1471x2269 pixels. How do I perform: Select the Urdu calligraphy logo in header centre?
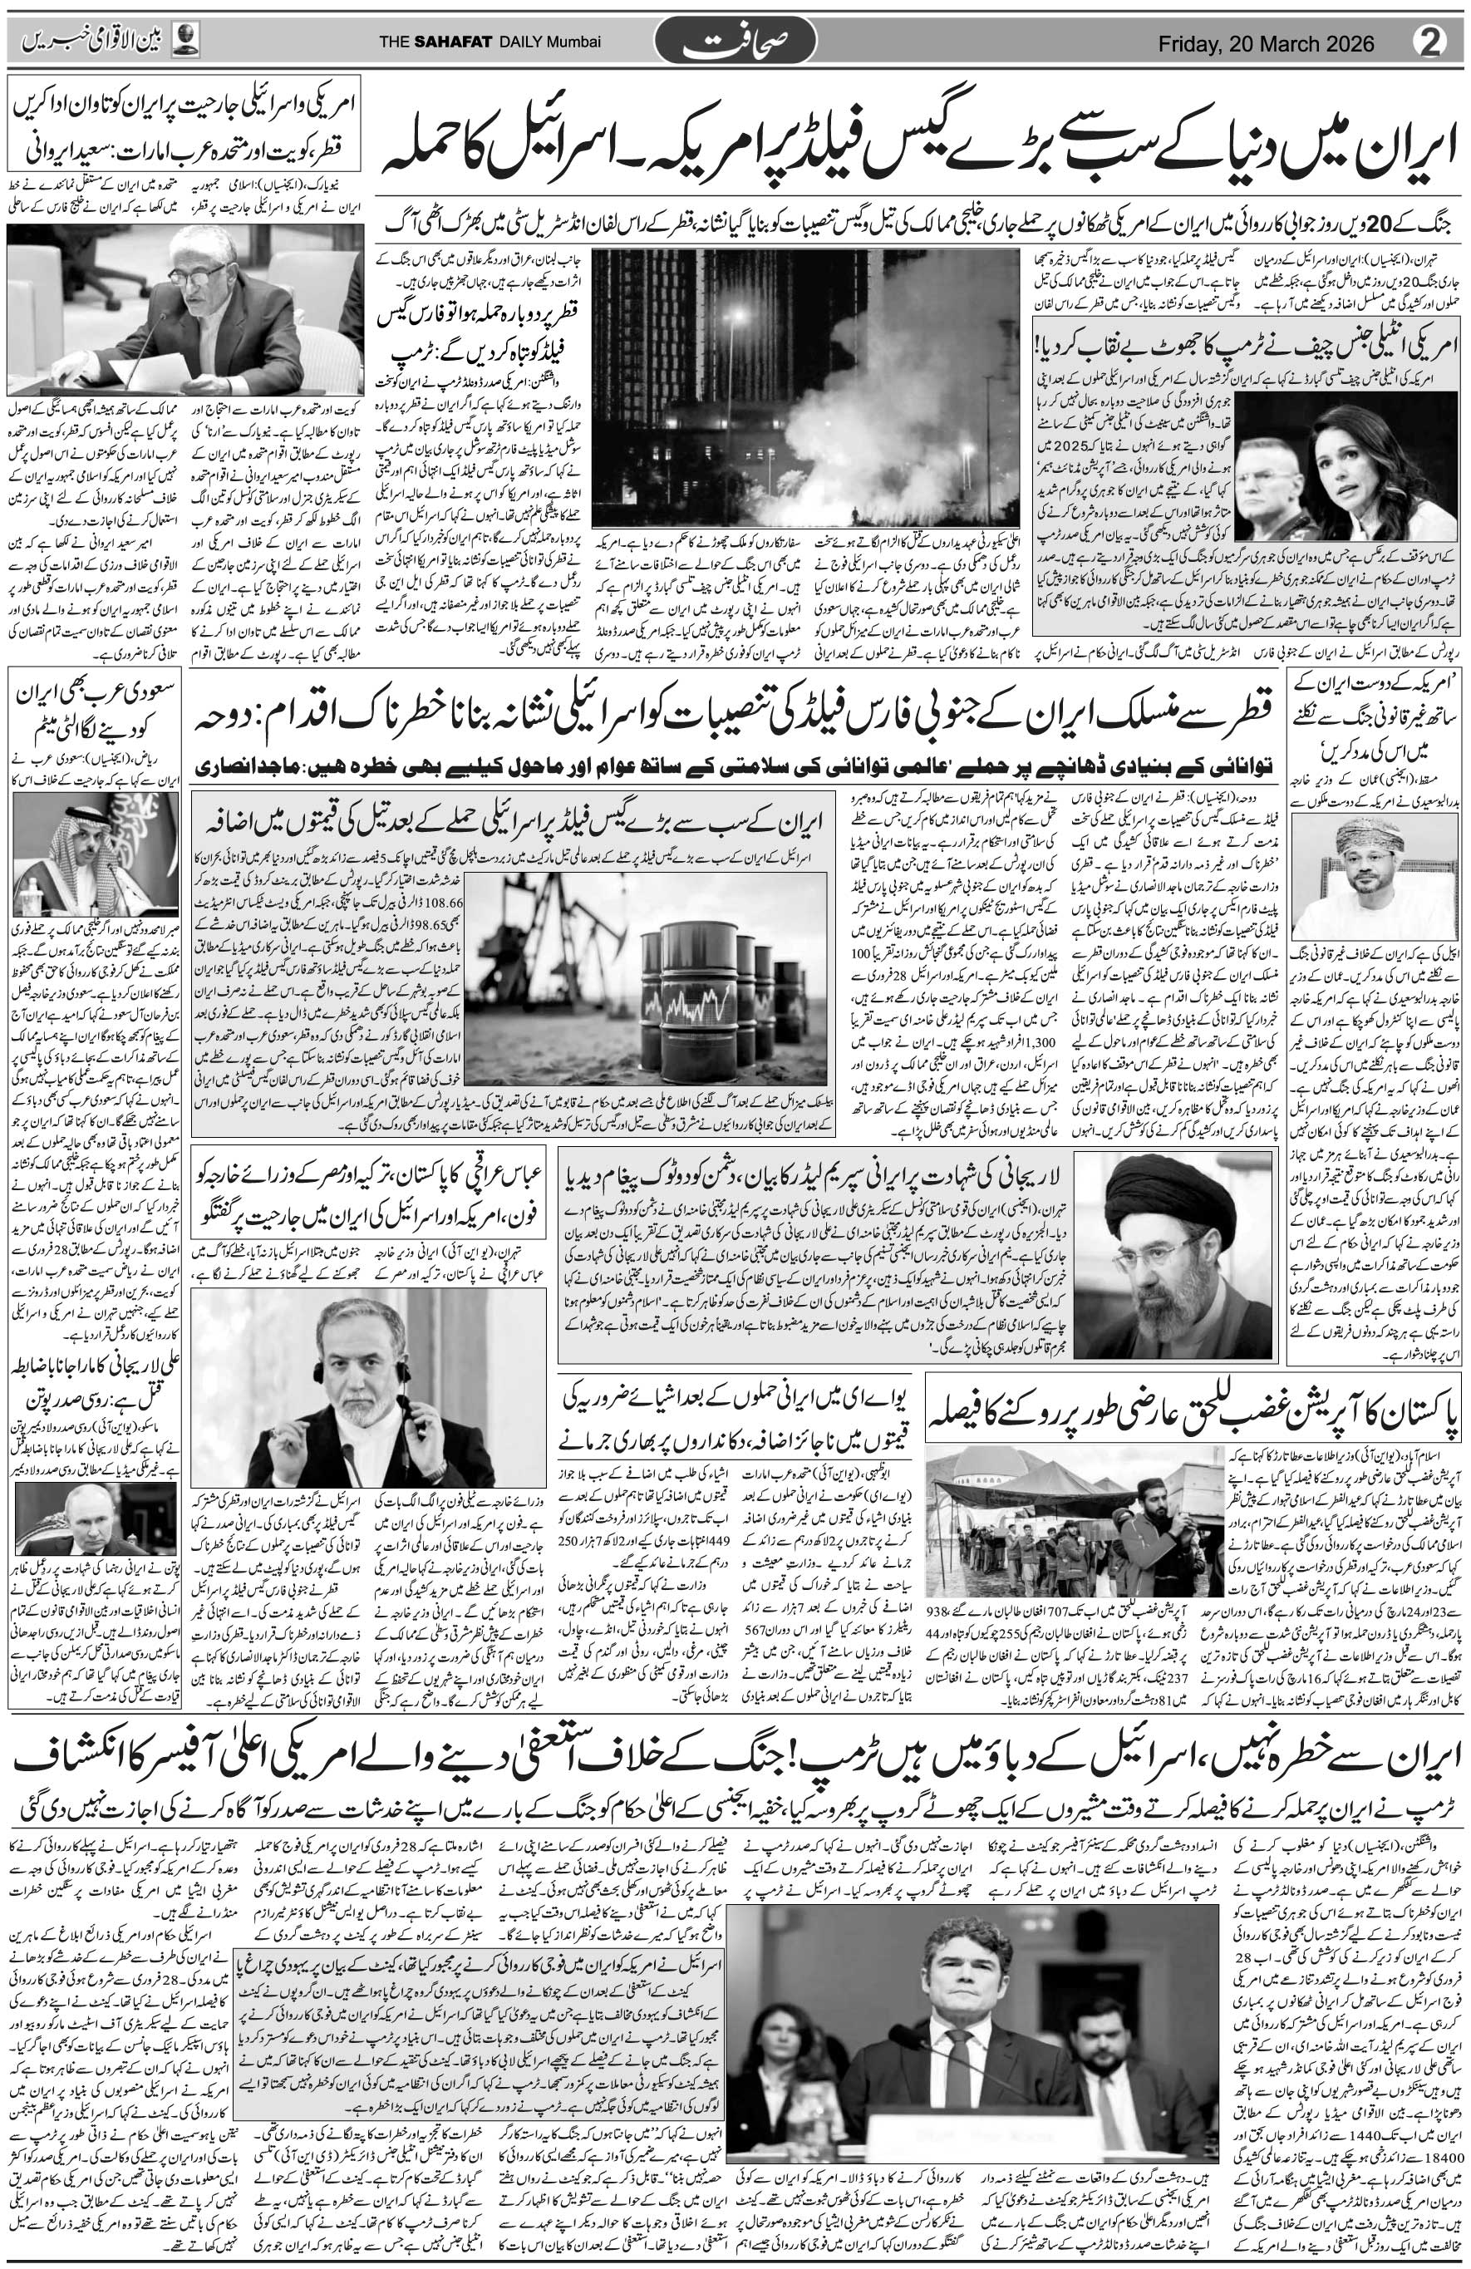point(734,43)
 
